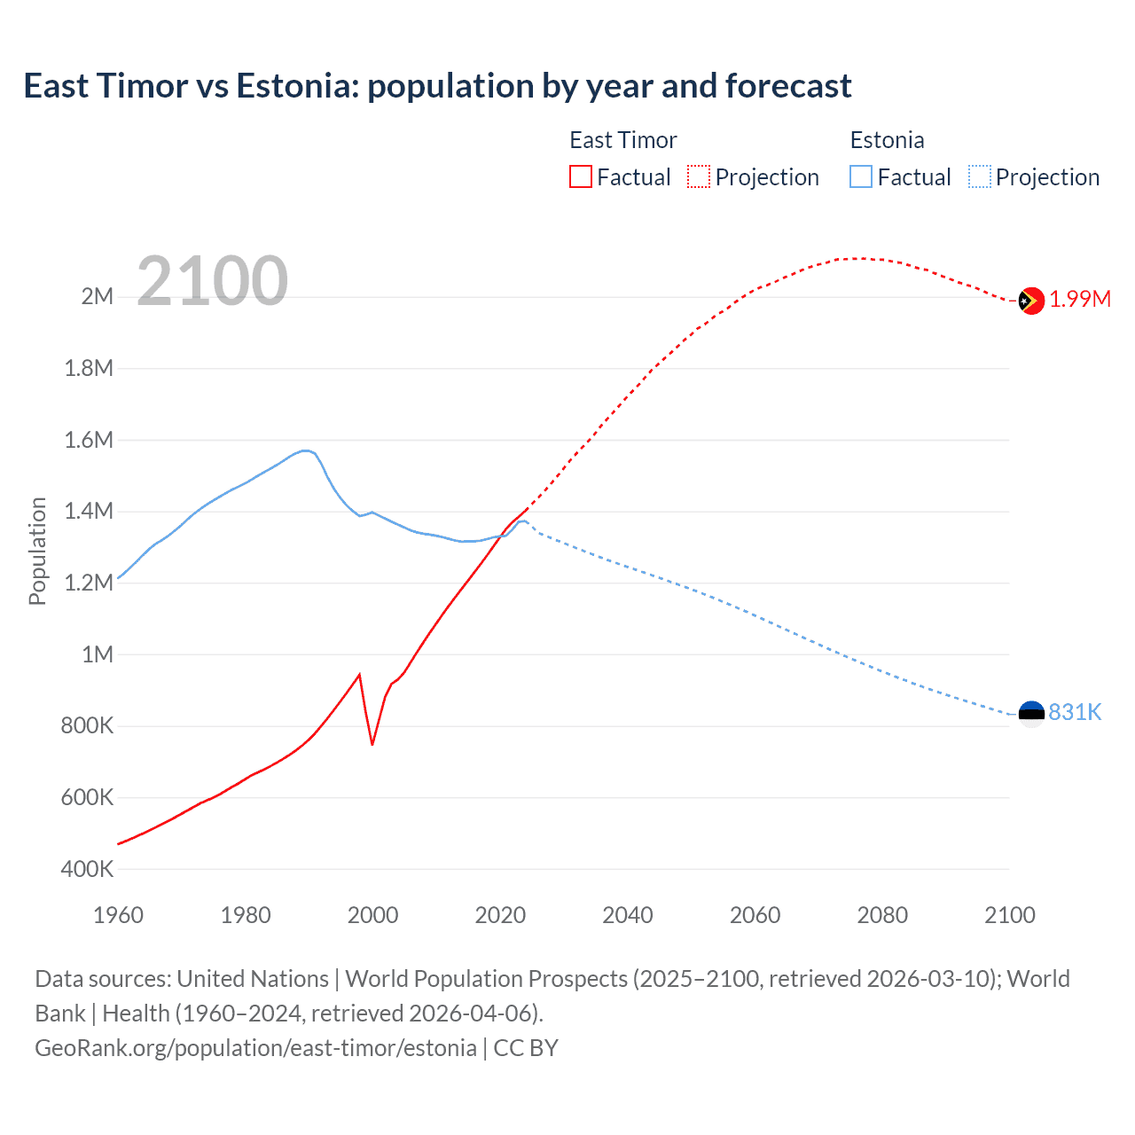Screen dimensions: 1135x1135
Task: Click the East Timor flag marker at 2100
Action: [1030, 301]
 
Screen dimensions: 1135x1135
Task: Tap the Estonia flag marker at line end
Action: [1030, 713]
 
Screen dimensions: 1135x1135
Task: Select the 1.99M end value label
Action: [1080, 300]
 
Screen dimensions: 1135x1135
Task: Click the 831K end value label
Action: [1075, 713]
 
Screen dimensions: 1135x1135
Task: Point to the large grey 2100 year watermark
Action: [212, 281]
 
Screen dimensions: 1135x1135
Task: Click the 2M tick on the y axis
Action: [97, 297]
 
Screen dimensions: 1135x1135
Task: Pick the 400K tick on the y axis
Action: [87, 870]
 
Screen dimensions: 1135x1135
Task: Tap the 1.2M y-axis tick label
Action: [89, 583]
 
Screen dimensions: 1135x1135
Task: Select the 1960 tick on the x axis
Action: [118, 916]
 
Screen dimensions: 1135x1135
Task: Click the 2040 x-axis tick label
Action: [628, 916]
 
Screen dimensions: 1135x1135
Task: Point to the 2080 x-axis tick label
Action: [882, 916]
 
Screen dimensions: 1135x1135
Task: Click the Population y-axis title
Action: [37, 551]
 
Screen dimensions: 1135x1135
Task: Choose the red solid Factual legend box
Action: [580, 177]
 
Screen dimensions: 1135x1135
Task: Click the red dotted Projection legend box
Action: [699, 177]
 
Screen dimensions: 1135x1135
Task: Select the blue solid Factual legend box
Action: [861, 177]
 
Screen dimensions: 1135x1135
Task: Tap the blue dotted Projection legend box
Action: [980, 177]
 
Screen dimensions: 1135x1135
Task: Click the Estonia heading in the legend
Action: [887, 140]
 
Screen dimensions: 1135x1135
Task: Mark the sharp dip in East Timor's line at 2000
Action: [372, 743]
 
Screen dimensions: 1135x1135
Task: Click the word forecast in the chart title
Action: [788, 86]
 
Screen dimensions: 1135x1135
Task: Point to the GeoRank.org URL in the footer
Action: [255, 1048]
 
